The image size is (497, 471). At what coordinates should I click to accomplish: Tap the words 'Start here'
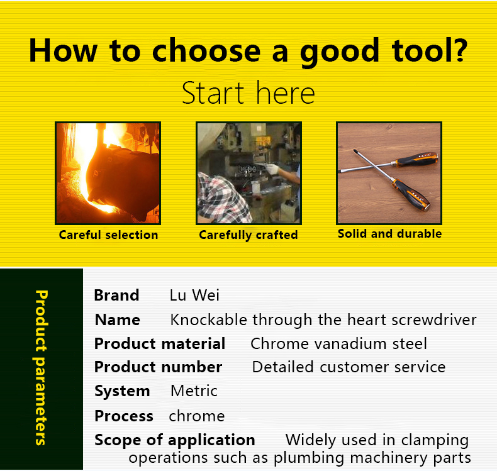pyautogui.click(x=248, y=93)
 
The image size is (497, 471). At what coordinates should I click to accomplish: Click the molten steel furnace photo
pyautogui.click(x=108, y=174)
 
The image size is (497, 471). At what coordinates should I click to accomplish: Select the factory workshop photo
pyautogui.click(x=248, y=174)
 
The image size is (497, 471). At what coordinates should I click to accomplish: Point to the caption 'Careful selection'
pyautogui.click(x=108, y=235)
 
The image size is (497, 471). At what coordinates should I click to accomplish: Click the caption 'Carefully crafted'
pyautogui.click(x=248, y=235)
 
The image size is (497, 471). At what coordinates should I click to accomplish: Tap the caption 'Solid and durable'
pyautogui.click(x=389, y=234)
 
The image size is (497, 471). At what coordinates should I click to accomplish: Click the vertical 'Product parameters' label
pyautogui.click(x=41, y=368)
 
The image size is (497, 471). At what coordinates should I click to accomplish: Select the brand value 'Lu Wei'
pyautogui.click(x=194, y=295)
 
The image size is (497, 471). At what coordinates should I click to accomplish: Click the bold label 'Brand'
pyautogui.click(x=116, y=295)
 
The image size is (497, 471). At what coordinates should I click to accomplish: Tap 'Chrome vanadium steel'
pyautogui.click(x=339, y=344)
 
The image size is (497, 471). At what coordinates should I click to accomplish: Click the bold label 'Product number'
pyautogui.click(x=158, y=367)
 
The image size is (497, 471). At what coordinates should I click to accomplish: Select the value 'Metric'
pyautogui.click(x=194, y=391)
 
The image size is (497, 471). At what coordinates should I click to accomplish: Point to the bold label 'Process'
pyautogui.click(x=124, y=416)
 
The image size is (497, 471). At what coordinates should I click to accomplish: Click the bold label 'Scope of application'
pyautogui.click(x=175, y=440)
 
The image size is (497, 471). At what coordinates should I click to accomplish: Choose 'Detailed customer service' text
pyautogui.click(x=349, y=367)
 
